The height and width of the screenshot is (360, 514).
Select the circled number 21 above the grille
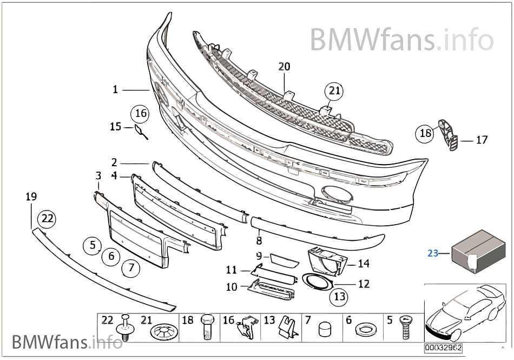click(334, 91)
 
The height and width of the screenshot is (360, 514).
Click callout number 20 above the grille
click(284, 67)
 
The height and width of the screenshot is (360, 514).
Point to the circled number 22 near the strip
click(47, 219)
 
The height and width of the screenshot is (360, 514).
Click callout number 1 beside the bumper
click(115, 89)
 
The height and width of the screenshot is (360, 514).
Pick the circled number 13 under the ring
click(339, 296)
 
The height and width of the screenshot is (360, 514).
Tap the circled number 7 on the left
click(130, 267)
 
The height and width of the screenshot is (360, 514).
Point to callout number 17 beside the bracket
click(482, 140)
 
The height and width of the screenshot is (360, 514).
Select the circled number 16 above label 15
click(140, 114)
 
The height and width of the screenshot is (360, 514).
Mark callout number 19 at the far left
click(31, 197)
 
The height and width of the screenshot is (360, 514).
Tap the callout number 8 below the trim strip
click(259, 240)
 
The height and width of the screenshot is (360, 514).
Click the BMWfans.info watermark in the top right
click(401, 39)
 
